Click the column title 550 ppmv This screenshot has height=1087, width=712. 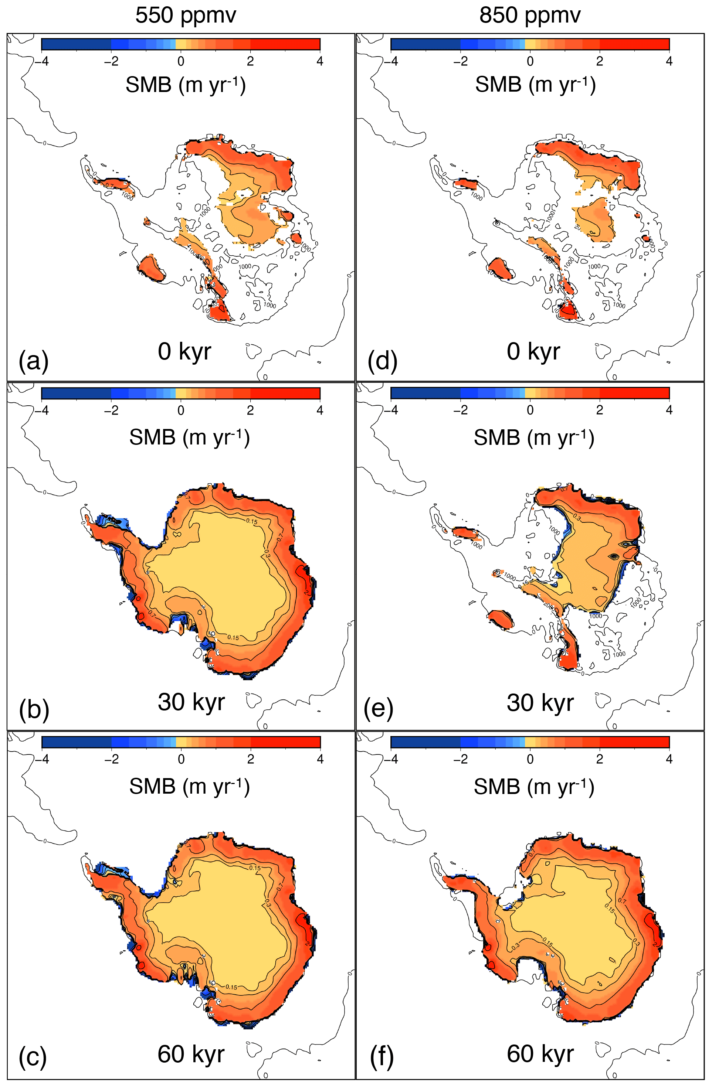186,16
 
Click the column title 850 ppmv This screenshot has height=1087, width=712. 530,16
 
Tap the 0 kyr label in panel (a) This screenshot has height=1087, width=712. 184,352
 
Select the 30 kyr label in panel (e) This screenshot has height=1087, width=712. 540,702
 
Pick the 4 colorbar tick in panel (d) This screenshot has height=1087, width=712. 669,61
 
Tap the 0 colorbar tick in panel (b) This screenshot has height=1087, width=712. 181,410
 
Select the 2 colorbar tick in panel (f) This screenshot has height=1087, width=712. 600,759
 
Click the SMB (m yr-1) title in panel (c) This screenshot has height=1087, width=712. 189,787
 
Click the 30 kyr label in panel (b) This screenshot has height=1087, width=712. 191,702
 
